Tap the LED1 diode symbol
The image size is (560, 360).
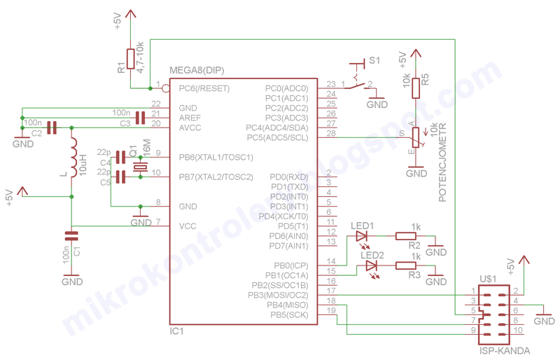coord(363,236)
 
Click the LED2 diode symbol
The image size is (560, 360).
coord(372,265)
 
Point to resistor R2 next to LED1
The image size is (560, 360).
coord(406,236)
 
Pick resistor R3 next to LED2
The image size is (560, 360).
coord(406,265)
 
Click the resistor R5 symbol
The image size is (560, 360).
coord(416,88)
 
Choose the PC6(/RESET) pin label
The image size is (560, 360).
coord(204,89)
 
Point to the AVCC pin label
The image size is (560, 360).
coord(190,128)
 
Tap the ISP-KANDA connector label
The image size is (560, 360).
coord(504,351)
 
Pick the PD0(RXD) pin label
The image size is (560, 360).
coord(289,176)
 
